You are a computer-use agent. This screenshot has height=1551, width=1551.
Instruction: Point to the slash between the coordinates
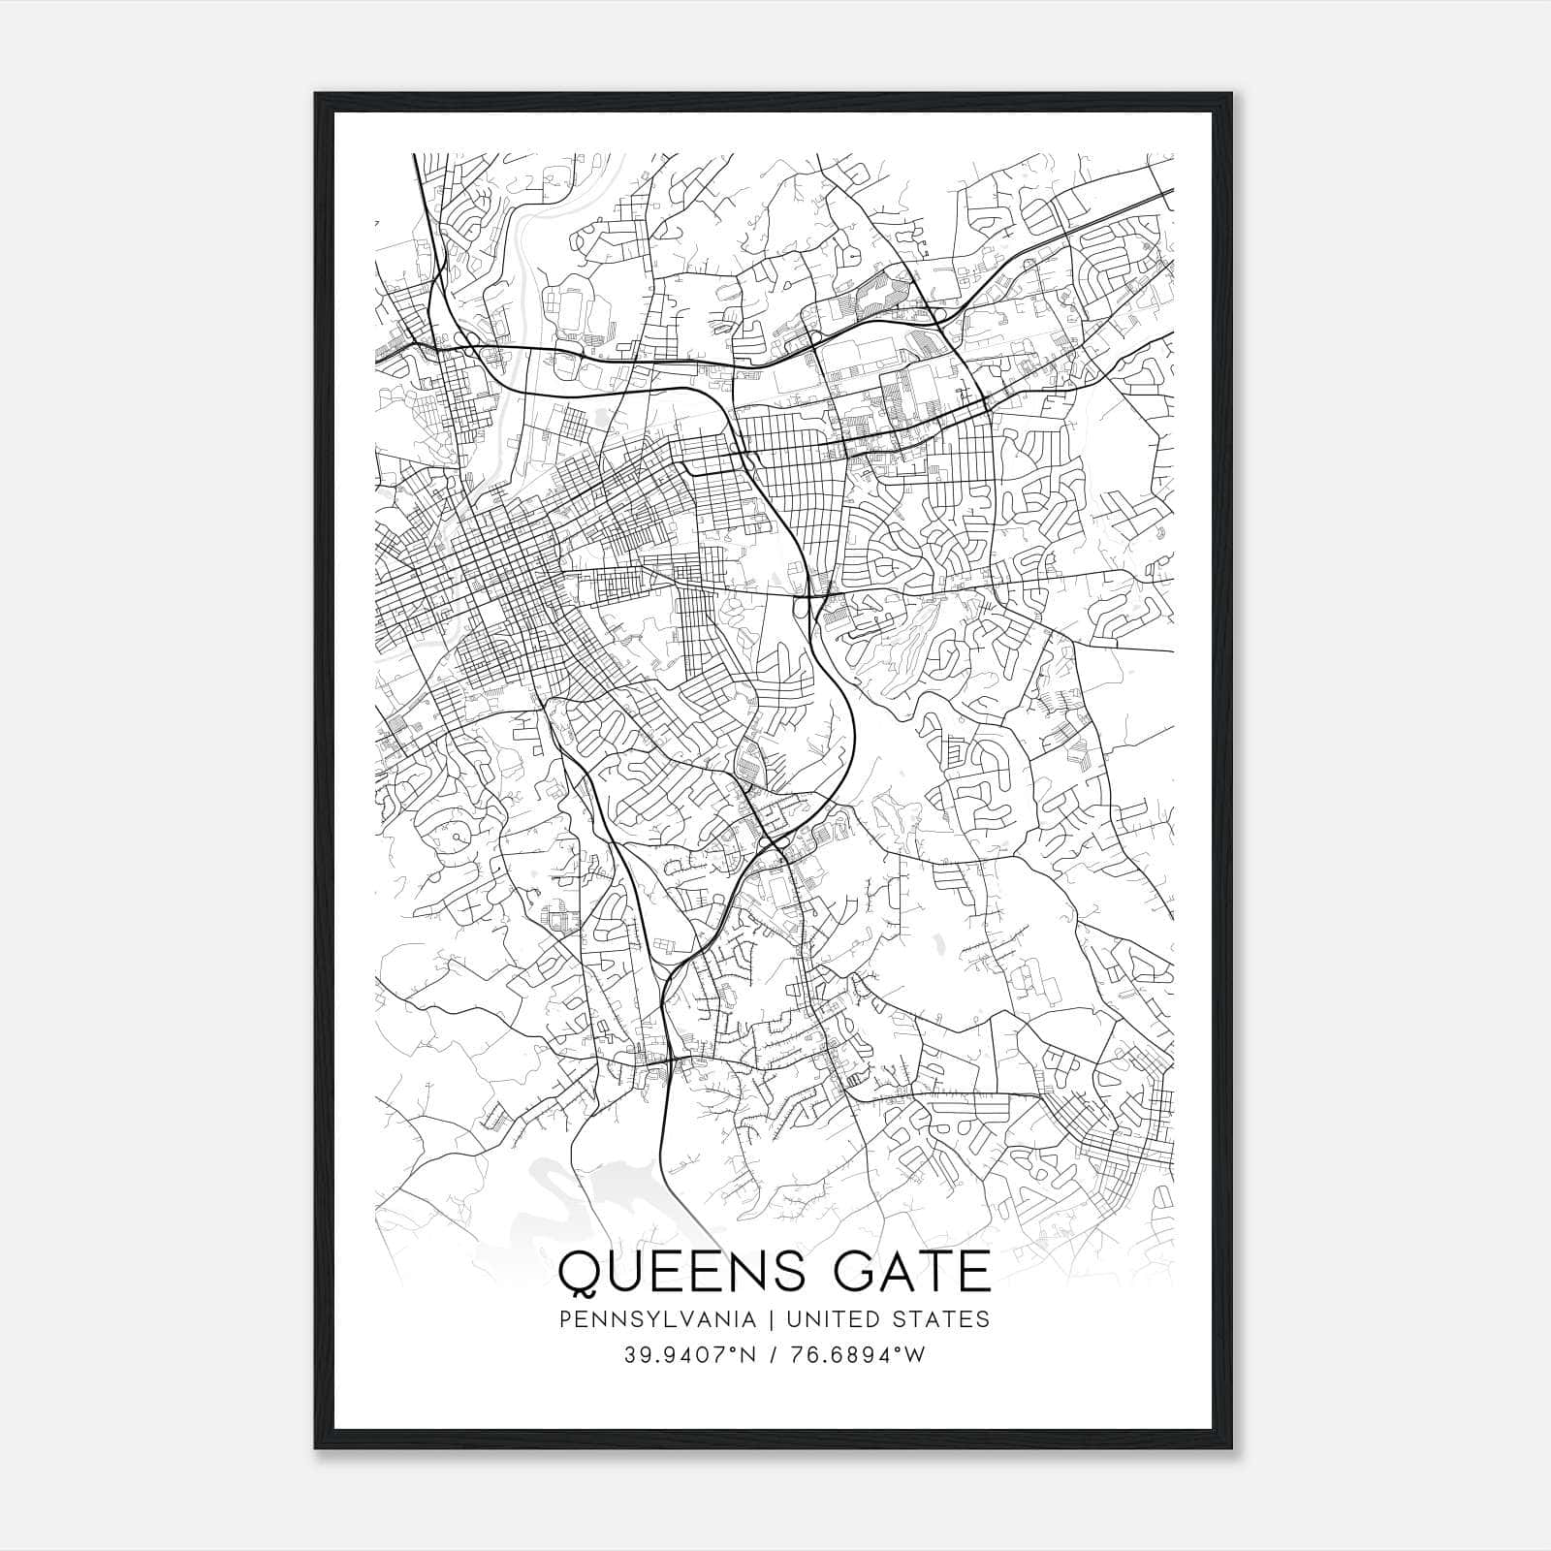coord(775,1355)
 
